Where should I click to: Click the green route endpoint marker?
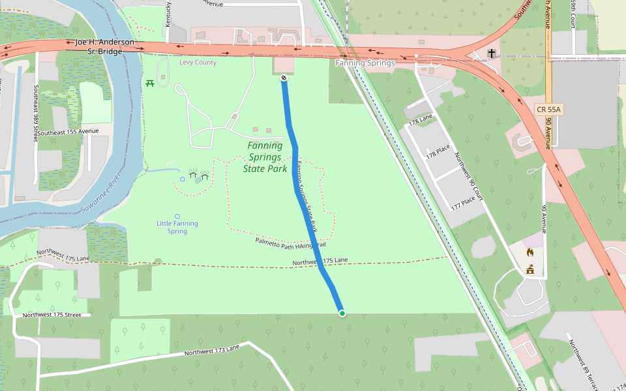tap(342, 313)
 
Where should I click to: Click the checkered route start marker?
tap(284, 78)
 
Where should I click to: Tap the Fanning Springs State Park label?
tap(265, 157)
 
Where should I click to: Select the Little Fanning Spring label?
tap(177, 227)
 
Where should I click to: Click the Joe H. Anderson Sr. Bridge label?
tap(104, 47)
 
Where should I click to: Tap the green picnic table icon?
tap(151, 83)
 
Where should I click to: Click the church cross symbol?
tap(490, 53)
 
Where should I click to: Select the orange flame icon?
tap(529, 252)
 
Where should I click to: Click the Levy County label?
tap(198, 63)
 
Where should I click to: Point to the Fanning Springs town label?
tap(365, 63)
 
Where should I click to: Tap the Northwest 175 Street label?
tap(56, 315)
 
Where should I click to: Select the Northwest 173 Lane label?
tap(212, 350)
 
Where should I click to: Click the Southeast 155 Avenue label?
tap(68, 132)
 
